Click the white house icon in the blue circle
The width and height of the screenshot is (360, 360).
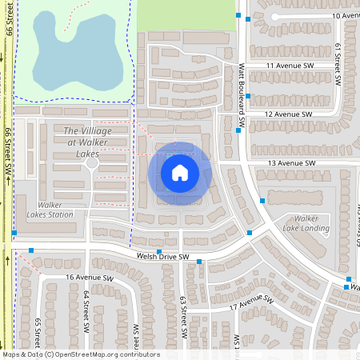click(x=180, y=173)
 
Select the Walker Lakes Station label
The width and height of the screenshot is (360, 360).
click(x=55, y=209)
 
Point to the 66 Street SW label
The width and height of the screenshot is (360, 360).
click(x=8, y=152)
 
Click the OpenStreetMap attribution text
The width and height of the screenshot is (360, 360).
click(x=80, y=354)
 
